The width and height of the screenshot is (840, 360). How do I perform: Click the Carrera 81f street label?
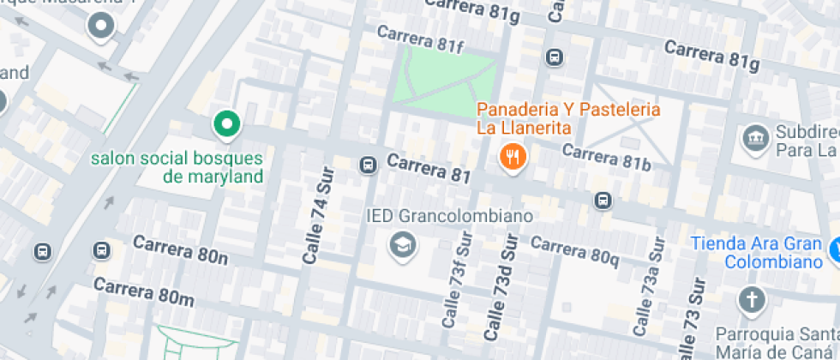(x=419, y=39)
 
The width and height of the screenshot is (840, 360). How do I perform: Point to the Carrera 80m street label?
(x=143, y=291)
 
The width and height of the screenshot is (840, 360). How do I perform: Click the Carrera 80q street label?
(x=574, y=249)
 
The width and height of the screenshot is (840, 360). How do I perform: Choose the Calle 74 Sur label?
(x=316, y=213)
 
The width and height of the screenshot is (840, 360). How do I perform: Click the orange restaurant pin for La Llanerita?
(x=512, y=156)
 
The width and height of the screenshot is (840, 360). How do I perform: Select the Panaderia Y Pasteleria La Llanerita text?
(x=568, y=118)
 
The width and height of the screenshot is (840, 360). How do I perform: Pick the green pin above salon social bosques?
(x=225, y=125)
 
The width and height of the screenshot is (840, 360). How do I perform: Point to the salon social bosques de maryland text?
(x=176, y=167)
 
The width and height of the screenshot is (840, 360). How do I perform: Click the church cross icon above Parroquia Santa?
(x=752, y=300)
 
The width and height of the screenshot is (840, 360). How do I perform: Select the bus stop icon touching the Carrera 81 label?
(x=369, y=164)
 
